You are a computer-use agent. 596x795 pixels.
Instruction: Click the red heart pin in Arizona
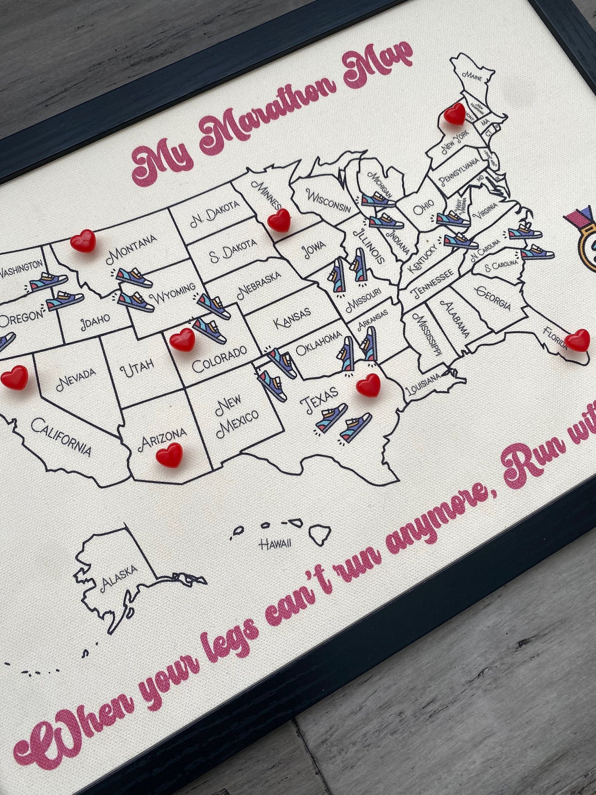(170, 455)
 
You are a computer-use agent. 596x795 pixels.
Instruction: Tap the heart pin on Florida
(577, 340)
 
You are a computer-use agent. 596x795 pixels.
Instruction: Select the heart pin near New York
(455, 113)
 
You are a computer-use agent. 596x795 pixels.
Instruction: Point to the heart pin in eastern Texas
(368, 385)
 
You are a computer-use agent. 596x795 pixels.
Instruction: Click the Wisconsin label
(328, 200)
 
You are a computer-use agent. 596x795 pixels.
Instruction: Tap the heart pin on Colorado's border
(182, 340)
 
